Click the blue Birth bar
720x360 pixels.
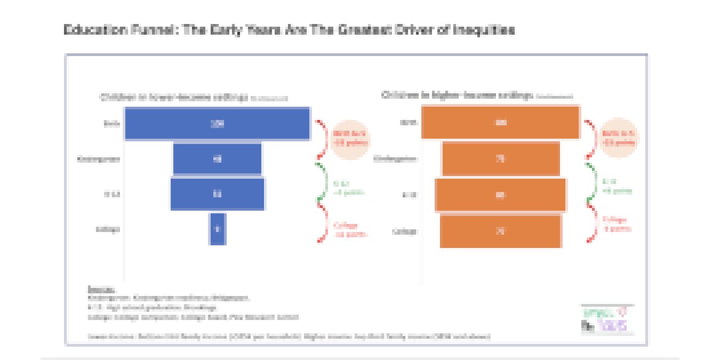pyautogui.click(x=217, y=123)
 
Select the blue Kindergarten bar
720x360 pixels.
pyautogui.click(x=217, y=159)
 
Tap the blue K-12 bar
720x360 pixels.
pyautogui.click(x=217, y=194)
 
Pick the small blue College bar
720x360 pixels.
pyautogui.click(x=217, y=229)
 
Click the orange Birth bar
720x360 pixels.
pyautogui.click(x=500, y=123)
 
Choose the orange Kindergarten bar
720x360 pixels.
pyautogui.click(x=500, y=159)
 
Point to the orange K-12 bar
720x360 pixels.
pyautogui.click(x=500, y=195)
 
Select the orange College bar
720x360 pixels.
pyautogui.click(x=500, y=231)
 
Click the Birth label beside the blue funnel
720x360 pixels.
pyautogui.click(x=111, y=123)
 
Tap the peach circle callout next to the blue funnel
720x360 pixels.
pyautogui.click(x=350, y=138)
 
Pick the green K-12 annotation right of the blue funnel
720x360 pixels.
pyautogui.click(x=341, y=187)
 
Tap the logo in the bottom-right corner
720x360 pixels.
pyautogui.click(x=607, y=320)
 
